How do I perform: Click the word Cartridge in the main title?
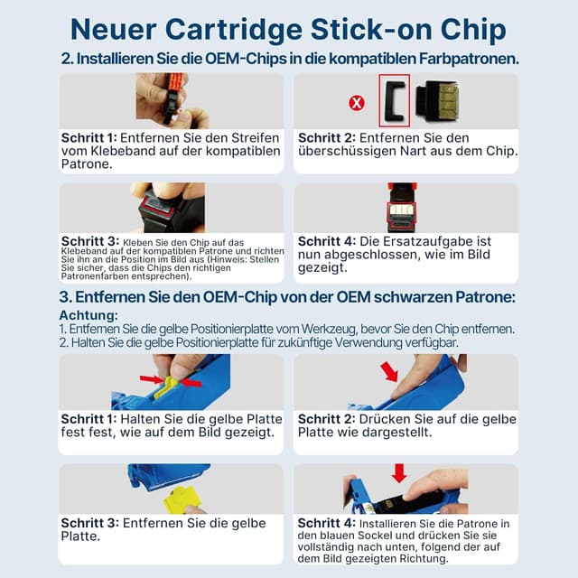(234, 30)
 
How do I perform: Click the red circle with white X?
(357, 103)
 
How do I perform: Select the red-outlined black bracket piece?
(395, 100)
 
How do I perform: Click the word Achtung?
(89, 315)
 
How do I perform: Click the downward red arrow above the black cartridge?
(399, 473)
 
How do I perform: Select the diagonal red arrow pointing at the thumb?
(389, 371)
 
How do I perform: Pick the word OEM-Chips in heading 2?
(246, 59)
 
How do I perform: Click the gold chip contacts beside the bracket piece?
(448, 100)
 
